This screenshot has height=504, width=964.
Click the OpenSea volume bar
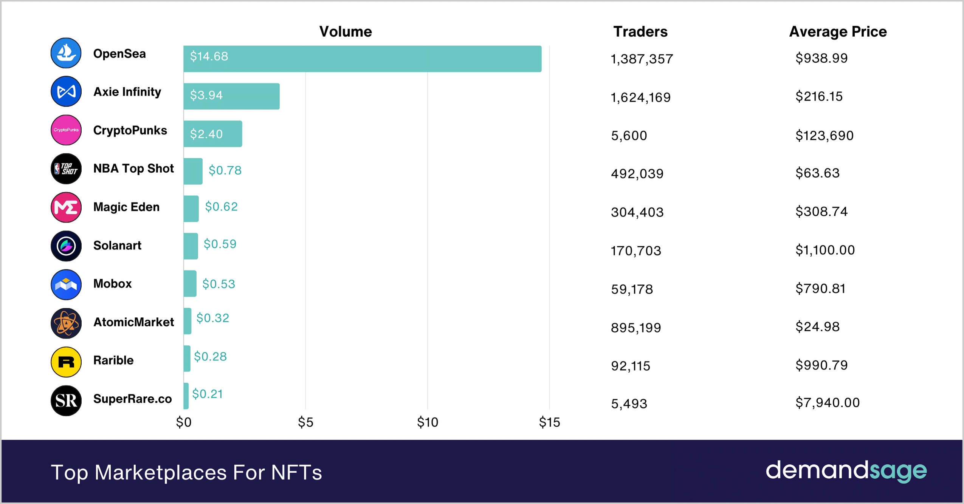[362, 59]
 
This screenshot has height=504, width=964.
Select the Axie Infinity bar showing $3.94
[231, 96]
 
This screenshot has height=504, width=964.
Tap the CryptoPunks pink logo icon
[66, 130]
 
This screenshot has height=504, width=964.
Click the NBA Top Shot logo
[66, 169]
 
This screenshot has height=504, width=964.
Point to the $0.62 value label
[221, 207]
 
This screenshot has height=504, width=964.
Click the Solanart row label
[117, 246]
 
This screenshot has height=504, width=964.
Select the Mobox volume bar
[190, 283]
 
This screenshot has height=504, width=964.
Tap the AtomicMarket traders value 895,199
[636, 328]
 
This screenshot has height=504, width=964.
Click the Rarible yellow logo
[66, 362]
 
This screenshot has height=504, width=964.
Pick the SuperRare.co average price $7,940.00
[827, 403]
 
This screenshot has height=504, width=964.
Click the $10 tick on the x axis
[427, 422]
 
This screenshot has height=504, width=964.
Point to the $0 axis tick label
[184, 422]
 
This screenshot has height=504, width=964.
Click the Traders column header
[640, 32]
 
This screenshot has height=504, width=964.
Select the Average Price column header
[838, 32]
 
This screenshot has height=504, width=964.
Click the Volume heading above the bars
[346, 32]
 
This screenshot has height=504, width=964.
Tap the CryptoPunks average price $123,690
[824, 135]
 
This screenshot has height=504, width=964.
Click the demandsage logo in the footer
[846, 471]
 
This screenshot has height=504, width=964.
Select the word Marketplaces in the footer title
[161, 473]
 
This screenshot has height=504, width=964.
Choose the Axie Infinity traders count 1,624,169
[640, 97]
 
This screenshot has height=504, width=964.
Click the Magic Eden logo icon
[66, 207]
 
